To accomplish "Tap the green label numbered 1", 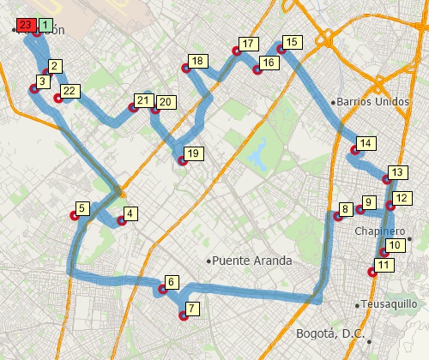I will [x=45, y=26].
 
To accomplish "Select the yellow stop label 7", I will [x=192, y=309].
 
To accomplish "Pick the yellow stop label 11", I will [x=384, y=265].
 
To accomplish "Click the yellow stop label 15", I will [x=292, y=42].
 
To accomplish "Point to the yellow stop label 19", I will [x=192, y=153].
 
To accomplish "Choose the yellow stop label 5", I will [x=82, y=208].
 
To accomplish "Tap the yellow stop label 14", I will [x=366, y=143].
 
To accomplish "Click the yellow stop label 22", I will [x=71, y=91].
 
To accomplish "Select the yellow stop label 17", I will [x=248, y=45].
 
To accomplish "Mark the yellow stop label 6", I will [x=172, y=282].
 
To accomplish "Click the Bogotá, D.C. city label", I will [x=330, y=333].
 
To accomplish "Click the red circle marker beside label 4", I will [x=121, y=221].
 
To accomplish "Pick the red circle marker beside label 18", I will [x=185, y=69].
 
